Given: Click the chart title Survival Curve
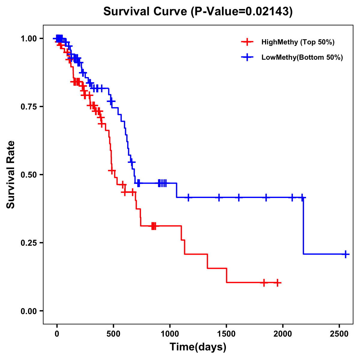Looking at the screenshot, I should (198, 11).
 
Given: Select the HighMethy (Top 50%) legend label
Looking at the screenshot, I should (298, 42).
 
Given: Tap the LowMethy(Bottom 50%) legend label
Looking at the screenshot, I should (302, 57).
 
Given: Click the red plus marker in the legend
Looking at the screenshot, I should (247, 42).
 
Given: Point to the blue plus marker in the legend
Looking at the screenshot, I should (247, 57).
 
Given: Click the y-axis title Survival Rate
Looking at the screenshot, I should (11, 175).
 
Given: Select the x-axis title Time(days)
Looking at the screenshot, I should (198, 347).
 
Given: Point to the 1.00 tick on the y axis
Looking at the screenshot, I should (28, 39).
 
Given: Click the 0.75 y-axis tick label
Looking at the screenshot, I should (28, 107).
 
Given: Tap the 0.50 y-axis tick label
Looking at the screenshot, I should (28, 175).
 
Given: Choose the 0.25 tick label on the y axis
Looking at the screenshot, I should (28, 243).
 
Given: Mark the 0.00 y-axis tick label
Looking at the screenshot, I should (28, 311).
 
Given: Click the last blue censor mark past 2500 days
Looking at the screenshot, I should (345, 254).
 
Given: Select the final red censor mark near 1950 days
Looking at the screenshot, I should (277, 283).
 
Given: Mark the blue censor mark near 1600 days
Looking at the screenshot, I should (239, 197).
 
